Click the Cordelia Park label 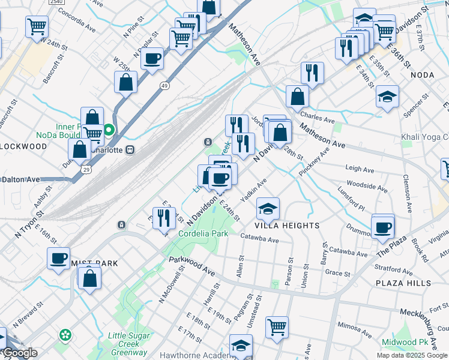point(202,233)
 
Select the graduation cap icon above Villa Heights point(268,209)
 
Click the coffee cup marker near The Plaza point(382,227)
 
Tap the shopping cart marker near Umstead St point(277,328)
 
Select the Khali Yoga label point(424,137)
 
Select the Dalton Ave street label point(20,179)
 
